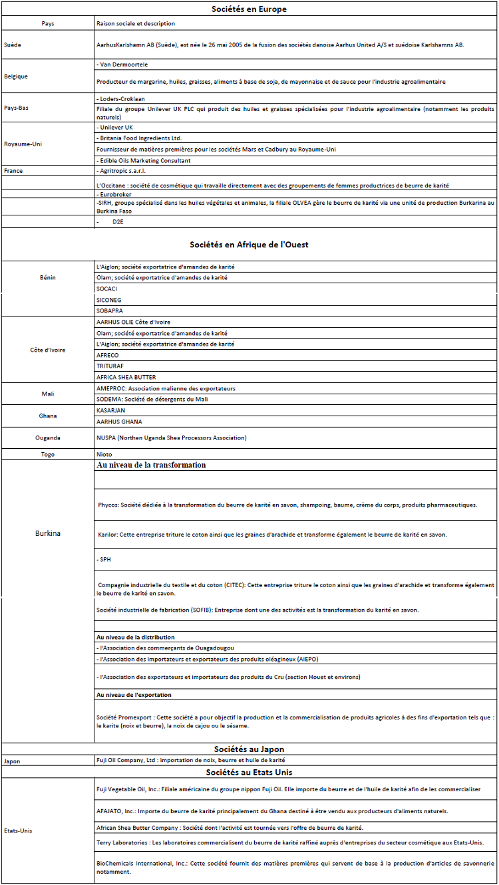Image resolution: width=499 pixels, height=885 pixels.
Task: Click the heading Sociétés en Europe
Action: (x=249, y=9)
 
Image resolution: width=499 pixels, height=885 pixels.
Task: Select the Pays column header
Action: (x=48, y=24)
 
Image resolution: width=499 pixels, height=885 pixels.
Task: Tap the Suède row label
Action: (x=11, y=45)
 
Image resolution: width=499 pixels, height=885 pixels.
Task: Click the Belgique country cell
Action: (x=16, y=76)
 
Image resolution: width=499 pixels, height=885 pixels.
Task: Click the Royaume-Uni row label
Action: (x=23, y=144)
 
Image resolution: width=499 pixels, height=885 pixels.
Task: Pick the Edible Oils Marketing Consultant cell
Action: (x=143, y=160)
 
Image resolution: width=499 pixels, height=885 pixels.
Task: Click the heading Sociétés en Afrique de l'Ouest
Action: (x=249, y=245)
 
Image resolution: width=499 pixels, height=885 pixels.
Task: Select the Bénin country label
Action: (x=48, y=277)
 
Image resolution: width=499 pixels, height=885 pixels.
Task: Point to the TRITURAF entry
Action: (x=110, y=366)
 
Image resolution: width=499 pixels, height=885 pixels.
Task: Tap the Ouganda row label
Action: (x=48, y=438)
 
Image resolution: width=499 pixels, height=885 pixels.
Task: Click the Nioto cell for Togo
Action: (x=104, y=454)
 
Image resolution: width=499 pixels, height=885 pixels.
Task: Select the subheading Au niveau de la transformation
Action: (x=152, y=465)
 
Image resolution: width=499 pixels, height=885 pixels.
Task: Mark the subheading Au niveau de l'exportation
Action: (x=134, y=695)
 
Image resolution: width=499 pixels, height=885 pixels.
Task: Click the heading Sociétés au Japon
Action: (x=249, y=749)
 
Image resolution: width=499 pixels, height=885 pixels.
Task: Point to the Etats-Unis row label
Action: (x=19, y=830)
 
